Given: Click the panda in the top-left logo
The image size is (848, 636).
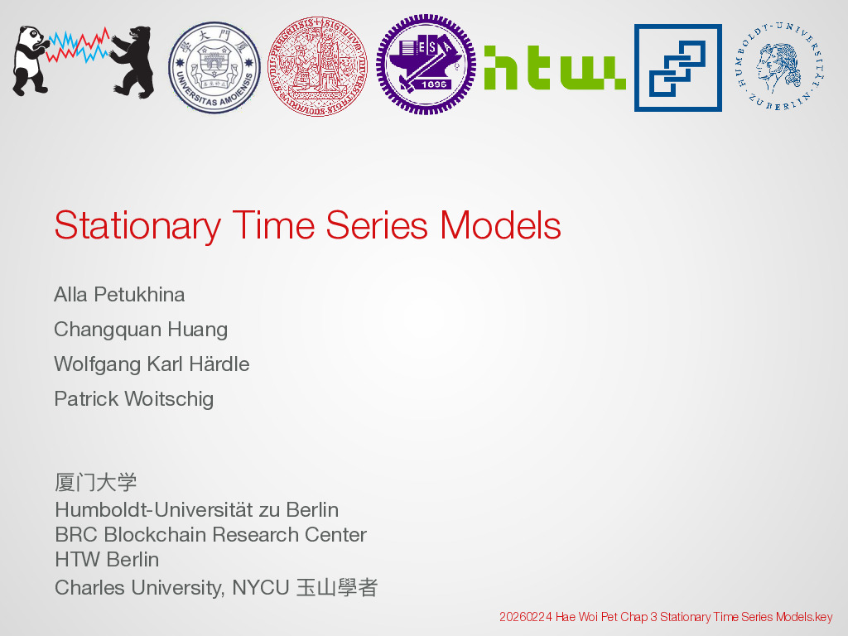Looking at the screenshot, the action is point(31,60).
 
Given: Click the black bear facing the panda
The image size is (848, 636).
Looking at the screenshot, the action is point(132,61).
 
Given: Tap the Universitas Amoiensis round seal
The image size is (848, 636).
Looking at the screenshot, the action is point(214,68).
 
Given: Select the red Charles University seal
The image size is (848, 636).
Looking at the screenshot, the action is point(317,66).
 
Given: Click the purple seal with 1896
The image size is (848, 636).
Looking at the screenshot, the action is point(426,65).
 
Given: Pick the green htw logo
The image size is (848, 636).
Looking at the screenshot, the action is point(555,68).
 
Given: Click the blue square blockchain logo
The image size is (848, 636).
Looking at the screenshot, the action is point(678,68).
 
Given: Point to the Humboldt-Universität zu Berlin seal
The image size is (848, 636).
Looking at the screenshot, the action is point(779,66).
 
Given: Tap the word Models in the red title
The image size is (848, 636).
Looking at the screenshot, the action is point(500,225).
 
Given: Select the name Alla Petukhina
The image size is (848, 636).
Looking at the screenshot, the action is point(119,295).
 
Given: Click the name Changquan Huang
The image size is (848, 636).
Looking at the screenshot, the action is point(141,330).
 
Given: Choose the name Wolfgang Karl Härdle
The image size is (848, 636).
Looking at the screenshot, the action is point(152,364).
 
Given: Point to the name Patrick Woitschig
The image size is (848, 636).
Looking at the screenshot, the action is point(134,399).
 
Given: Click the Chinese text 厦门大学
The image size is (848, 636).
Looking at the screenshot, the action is point(96,483).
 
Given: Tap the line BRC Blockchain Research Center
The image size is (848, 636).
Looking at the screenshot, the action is point(211,535).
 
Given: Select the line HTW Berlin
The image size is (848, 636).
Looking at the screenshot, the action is point(107,560).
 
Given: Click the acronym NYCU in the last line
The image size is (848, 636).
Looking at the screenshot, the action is point(261,588).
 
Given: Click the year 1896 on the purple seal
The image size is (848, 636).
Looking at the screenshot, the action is point(433,84).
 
